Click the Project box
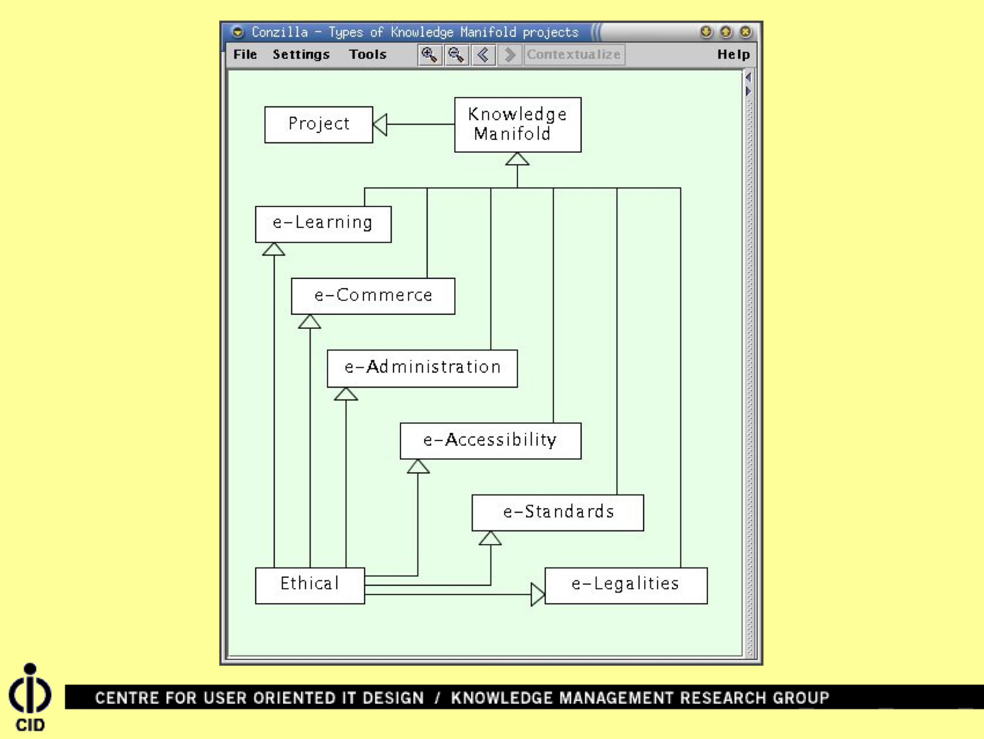318,124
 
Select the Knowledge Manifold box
518,125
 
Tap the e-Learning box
323,224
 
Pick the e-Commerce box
373,296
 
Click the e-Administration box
422,368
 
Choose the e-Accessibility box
490,440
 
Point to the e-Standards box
557,513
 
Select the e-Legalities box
625,585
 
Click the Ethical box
310,585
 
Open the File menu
245,54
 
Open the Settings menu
301,54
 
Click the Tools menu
367,54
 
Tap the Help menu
733,54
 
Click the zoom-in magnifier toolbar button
429,55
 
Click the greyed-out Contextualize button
573,54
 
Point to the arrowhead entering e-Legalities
537,594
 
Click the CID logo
30,697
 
